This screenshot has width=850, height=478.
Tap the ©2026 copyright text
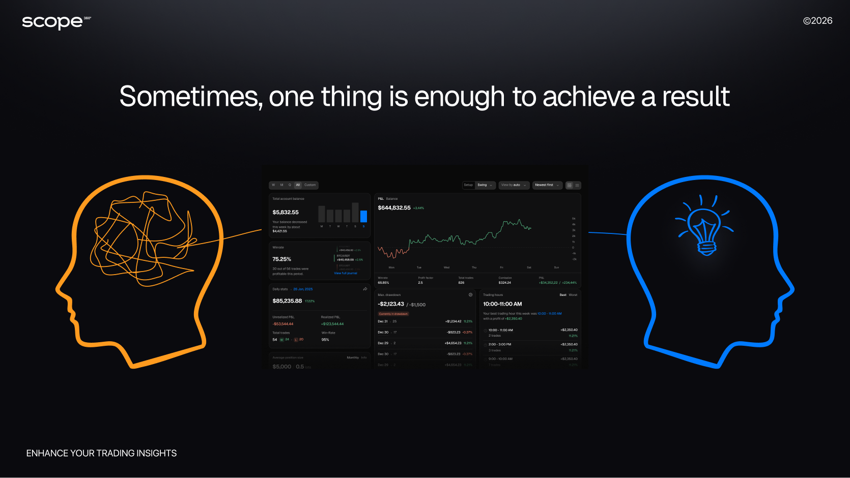click(x=817, y=21)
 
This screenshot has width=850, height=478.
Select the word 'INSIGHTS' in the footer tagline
click(x=156, y=453)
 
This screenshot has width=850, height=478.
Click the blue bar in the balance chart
click(x=363, y=216)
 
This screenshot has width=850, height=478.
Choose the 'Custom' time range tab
click(x=310, y=185)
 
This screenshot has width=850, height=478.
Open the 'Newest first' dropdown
click(x=547, y=185)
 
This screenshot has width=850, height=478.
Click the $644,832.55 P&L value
click(x=394, y=208)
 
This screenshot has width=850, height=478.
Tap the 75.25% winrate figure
click(x=281, y=259)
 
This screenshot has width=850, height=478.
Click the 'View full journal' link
click(x=346, y=273)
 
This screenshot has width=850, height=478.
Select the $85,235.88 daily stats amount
click(x=287, y=301)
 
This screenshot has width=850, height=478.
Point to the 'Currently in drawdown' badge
click(x=393, y=314)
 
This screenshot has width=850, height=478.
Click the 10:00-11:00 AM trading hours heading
click(x=502, y=304)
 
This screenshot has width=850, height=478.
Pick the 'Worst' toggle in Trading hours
click(x=573, y=295)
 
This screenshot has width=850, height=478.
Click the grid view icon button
click(x=569, y=185)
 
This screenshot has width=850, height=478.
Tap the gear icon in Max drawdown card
click(x=470, y=295)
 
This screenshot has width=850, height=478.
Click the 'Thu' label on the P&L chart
click(x=474, y=267)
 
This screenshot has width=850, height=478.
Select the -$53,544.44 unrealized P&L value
click(x=283, y=324)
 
